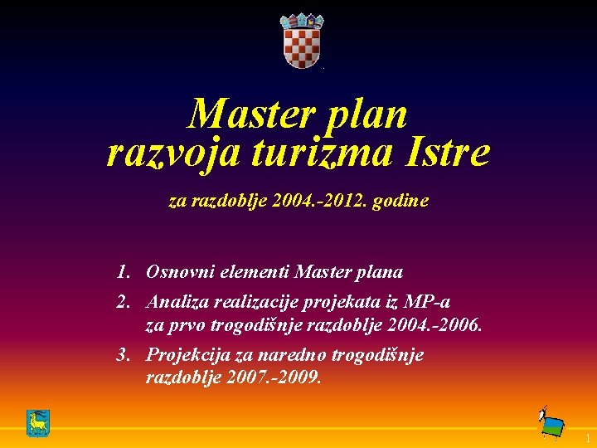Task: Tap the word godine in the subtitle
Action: tap(401, 201)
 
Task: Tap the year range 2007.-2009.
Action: tap(278, 377)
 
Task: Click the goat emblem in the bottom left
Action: tap(37, 423)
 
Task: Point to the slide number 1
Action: tap(586, 438)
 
